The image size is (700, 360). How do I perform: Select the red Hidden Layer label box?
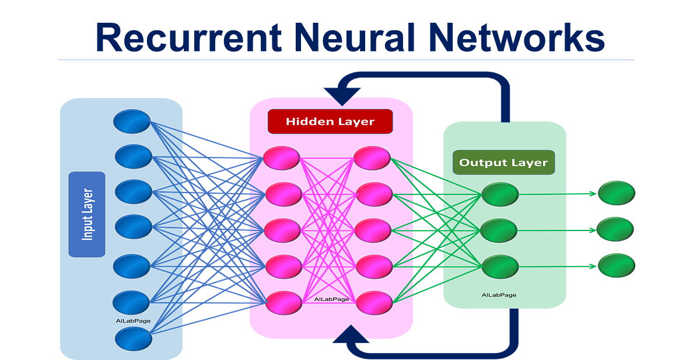coord(330,121)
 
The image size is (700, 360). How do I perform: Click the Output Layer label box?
coord(503,162)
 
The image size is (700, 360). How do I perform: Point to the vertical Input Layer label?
coord(87,214)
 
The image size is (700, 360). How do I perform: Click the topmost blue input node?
coord(132,121)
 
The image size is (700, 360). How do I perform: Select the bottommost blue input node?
coord(134,339)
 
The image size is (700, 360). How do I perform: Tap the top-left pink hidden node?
coord(282,158)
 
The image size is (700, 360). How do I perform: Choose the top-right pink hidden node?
coord(373,158)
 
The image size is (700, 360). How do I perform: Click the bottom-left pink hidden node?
coord(284,303)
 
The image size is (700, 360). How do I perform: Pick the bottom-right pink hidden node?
coord(374,303)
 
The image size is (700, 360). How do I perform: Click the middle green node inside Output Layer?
coord(500,230)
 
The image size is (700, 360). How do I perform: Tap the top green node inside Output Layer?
coord(500,194)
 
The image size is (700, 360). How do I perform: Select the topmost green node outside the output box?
coord(615,193)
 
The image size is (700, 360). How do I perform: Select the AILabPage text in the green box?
coord(499,295)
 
